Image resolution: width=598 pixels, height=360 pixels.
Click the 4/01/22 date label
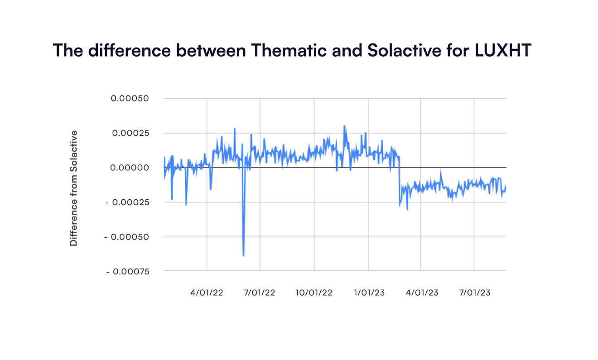pyautogui.click(x=207, y=293)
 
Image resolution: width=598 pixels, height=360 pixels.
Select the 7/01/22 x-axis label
pyautogui.click(x=260, y=293)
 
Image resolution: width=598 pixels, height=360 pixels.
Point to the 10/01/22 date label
pyautogui.click(x=313, y=293)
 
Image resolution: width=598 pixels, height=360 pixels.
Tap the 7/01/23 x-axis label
pyautogui.click(x=474, y=293)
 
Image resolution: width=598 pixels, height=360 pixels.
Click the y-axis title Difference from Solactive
pyautogui.click(x=73, y=188)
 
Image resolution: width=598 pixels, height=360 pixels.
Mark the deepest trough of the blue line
pyautogui.click(x=244, y=255)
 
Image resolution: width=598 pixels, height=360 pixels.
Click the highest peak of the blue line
pyautogui.click(x=344, y=126)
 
